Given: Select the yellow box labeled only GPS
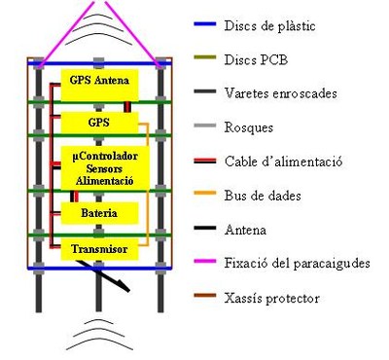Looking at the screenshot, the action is click(98, 124).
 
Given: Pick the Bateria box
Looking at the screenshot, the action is click(98, 211).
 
